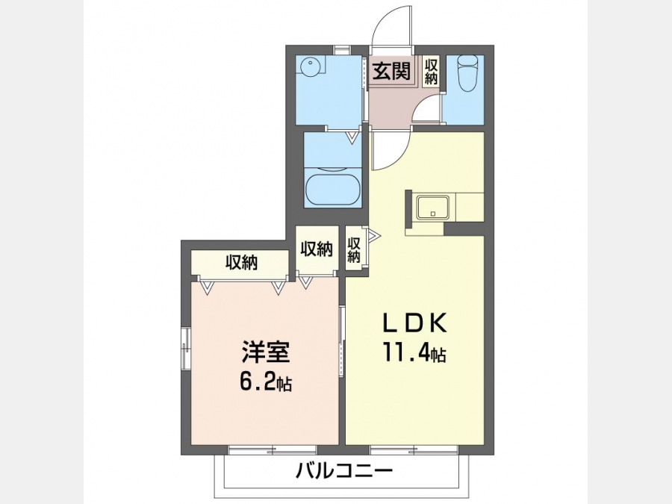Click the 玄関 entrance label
[392, 71]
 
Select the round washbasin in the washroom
[309, 68]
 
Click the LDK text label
[414, 324]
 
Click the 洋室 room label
[265, 352]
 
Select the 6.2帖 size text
[266, 382]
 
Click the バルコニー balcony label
[344, 472]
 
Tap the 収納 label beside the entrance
[431, 71]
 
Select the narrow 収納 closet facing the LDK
[354, 250]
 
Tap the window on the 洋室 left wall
[186, 348]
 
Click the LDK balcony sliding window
[414, 450]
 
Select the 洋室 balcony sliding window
[273, 450]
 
